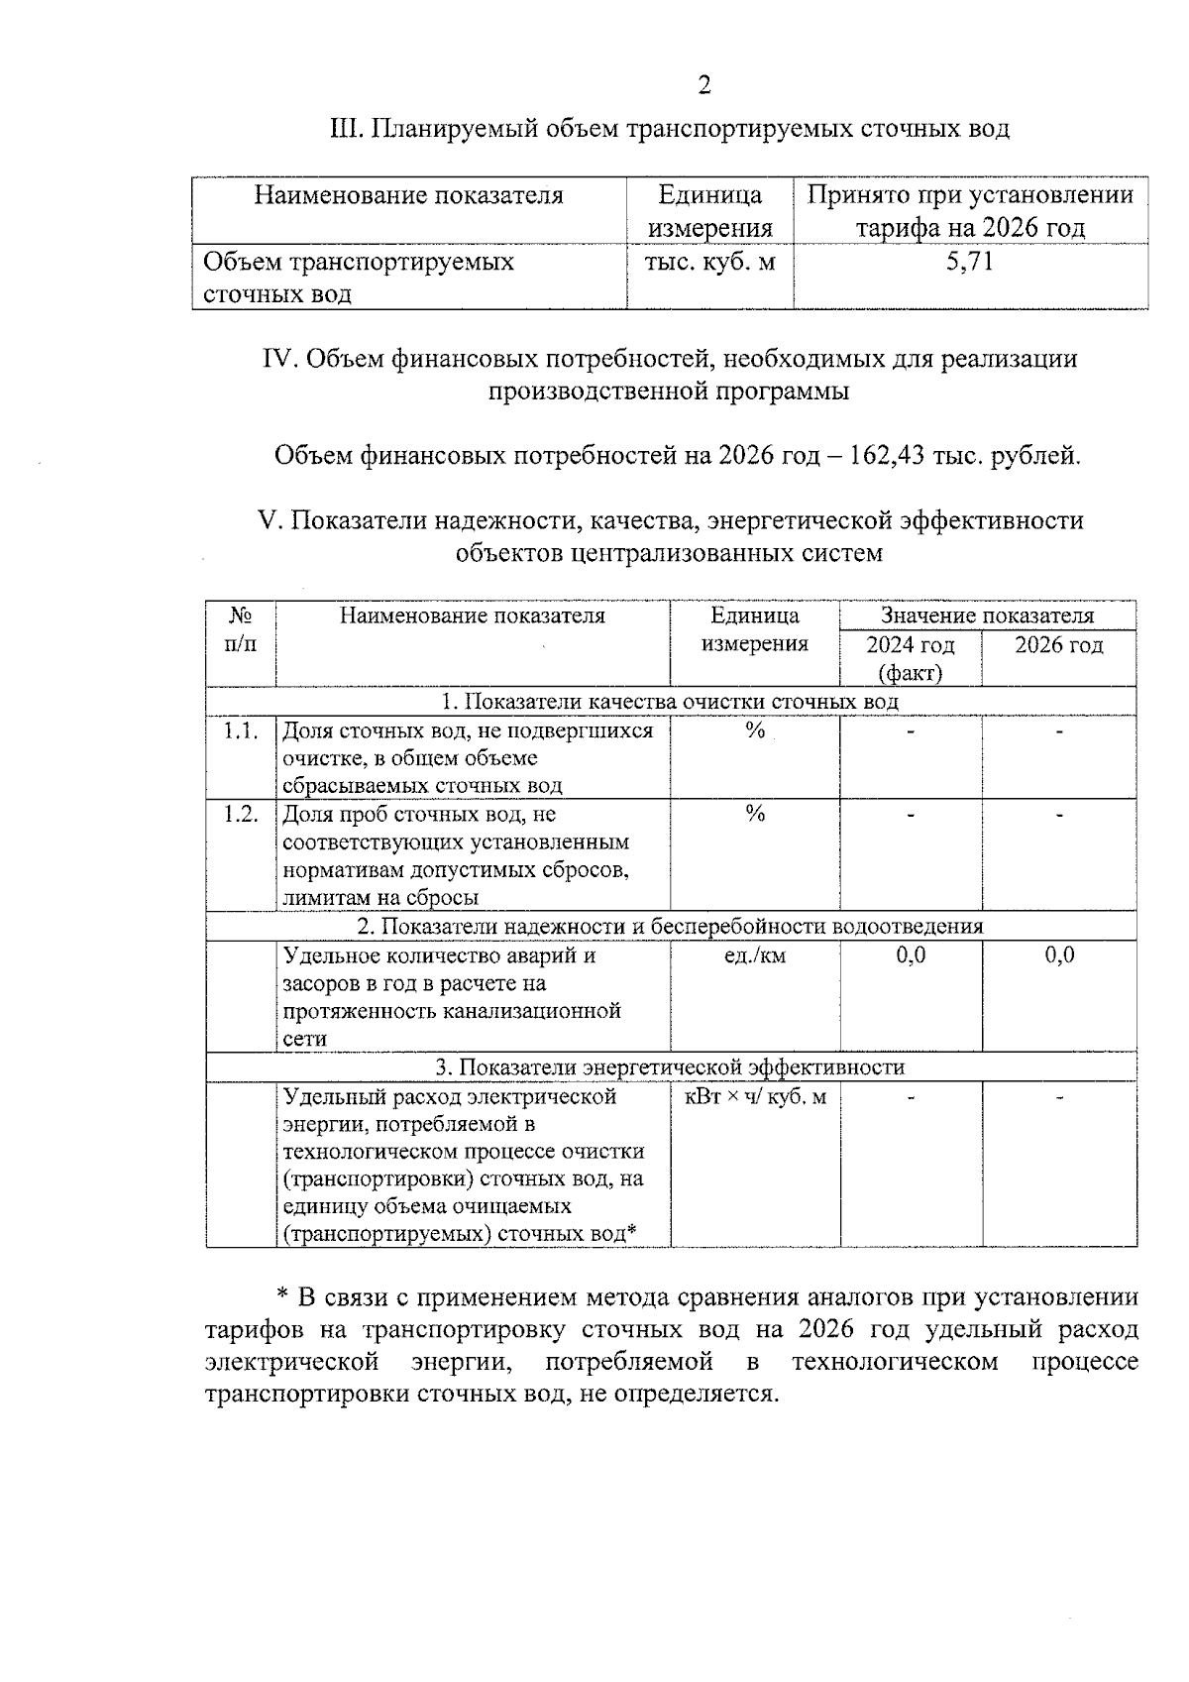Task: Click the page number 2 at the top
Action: click(x=703, y=86)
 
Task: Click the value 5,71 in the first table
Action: click(x=970, y=262)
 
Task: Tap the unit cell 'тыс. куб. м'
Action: click(x=709, y=262)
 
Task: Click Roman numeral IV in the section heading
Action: click(x=278, y=359)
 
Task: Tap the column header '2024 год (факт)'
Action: click(x=910, y=658)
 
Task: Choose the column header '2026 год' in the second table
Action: click(x=1058, y=645)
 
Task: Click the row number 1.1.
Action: click(x=241, y=731)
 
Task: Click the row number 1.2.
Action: click(x=241, y=815)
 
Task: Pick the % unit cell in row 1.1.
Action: click(x=755, y=731)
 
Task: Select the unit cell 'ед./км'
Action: click(x=755, y=956)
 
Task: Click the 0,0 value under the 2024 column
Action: click(x=911, y=955)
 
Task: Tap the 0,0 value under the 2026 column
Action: click(x=1059, y=955)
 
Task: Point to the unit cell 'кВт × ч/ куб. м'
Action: click(x=755, y=1097)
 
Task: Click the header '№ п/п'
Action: click(x=241, y=629)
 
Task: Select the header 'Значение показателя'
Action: click(x=987, y=616)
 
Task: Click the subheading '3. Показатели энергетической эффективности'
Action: click(x=670, y=1067)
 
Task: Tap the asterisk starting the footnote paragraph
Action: click(x=281, y=1297)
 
